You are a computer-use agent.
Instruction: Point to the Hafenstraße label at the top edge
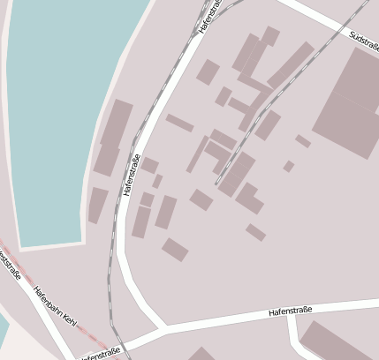(209, 15)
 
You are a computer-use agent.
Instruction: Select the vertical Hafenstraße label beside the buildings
(133, 175)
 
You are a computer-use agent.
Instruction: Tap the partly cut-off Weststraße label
(10, 265)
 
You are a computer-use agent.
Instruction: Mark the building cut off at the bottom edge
(200, 355)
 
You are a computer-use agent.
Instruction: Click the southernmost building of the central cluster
(175, 250)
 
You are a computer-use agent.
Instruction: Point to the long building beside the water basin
(112, 137)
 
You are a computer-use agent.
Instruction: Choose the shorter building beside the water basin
(96, 205)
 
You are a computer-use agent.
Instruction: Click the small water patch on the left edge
(3, 331)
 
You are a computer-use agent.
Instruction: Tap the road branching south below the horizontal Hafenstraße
(299, 341)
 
